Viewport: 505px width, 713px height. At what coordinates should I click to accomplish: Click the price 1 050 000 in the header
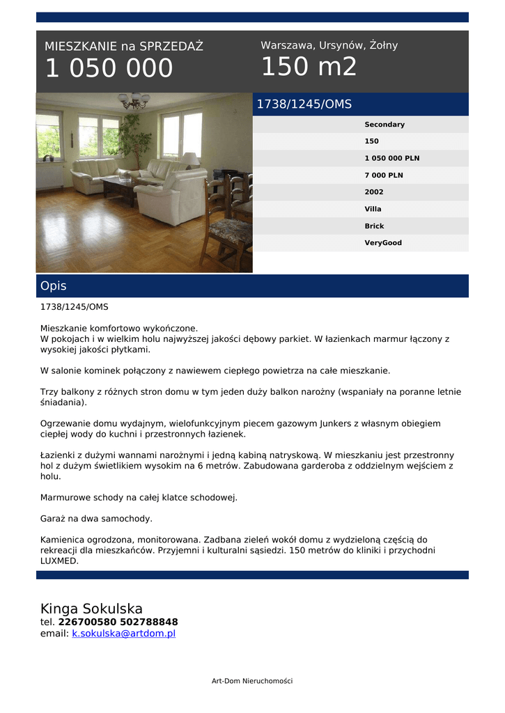109,69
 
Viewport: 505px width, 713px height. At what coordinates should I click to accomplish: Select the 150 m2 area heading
309,67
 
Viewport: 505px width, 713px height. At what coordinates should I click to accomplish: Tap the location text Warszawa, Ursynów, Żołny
329,45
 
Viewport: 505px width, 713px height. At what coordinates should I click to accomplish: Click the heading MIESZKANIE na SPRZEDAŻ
124,47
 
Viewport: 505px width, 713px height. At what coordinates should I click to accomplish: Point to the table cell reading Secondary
384,125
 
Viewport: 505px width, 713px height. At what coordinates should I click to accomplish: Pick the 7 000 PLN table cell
383,175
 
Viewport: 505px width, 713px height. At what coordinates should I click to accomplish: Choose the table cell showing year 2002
373,192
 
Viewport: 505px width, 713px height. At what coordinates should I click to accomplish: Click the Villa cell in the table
373,209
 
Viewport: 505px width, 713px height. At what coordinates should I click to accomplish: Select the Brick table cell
374,226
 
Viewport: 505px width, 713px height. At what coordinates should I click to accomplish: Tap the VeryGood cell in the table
382,243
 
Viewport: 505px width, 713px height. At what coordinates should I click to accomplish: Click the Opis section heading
54,286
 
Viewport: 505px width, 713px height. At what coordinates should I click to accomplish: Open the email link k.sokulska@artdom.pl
123,634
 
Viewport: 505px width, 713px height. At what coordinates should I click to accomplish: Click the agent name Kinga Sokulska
91,609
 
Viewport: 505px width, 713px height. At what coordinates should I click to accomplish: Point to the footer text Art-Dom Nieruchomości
252,681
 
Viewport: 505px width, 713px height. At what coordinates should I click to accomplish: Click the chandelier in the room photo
134,101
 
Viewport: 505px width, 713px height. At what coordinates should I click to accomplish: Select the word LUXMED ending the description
59,561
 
